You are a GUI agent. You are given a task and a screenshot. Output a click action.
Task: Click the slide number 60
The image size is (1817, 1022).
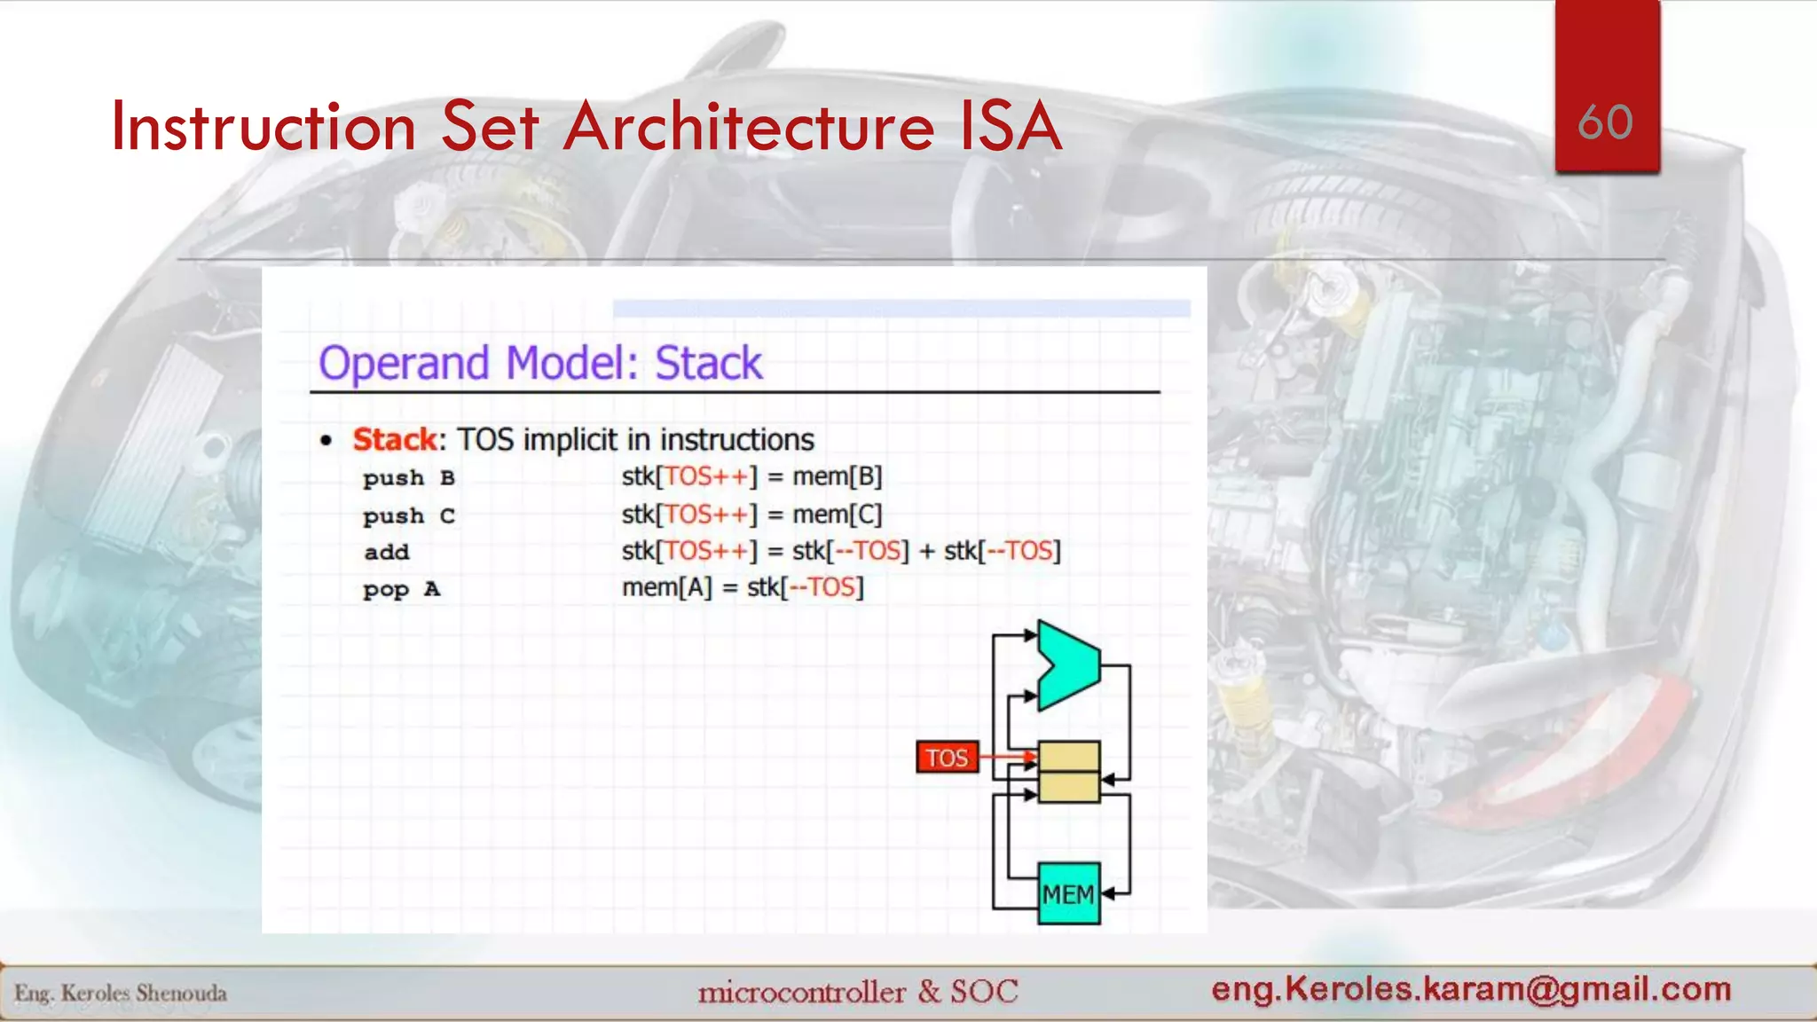pos(1605,122)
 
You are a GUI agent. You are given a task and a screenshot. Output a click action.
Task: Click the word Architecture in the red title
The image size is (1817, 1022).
pos(749,127)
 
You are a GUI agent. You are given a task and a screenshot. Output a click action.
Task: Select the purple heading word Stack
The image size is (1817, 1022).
pos(708,363)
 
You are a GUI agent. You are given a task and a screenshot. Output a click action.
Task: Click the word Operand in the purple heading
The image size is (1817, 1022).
pos(404,364)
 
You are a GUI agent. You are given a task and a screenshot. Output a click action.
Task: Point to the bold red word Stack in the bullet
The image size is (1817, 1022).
pos(395,439)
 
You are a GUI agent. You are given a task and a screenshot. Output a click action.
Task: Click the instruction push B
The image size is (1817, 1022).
pos(409,478)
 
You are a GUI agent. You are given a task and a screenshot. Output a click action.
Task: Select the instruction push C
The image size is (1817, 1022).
pos(409,515)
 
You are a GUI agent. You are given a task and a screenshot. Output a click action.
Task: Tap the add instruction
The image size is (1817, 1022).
pos(387,552)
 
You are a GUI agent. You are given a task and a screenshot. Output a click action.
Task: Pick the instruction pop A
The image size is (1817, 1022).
pos(401,589)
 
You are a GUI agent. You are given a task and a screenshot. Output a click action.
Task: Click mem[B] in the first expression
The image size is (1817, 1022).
pos(837,477)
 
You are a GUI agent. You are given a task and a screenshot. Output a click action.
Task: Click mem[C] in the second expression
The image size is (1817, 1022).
pos(837,515)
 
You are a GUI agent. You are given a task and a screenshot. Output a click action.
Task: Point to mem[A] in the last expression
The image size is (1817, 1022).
pos(667,587)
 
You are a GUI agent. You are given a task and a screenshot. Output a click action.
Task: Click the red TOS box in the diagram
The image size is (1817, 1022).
pos(947,758)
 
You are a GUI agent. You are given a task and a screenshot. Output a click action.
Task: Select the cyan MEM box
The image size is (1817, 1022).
pos(1068,893)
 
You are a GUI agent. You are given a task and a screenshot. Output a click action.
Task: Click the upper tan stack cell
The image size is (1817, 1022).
pos(1068,757)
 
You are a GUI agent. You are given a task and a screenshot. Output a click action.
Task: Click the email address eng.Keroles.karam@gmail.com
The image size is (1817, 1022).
pos(1471,988)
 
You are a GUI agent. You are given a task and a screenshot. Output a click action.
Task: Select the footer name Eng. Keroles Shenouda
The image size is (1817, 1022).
pos(121,993)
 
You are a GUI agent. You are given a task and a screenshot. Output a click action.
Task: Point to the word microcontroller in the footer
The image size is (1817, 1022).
pos(801,992)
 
